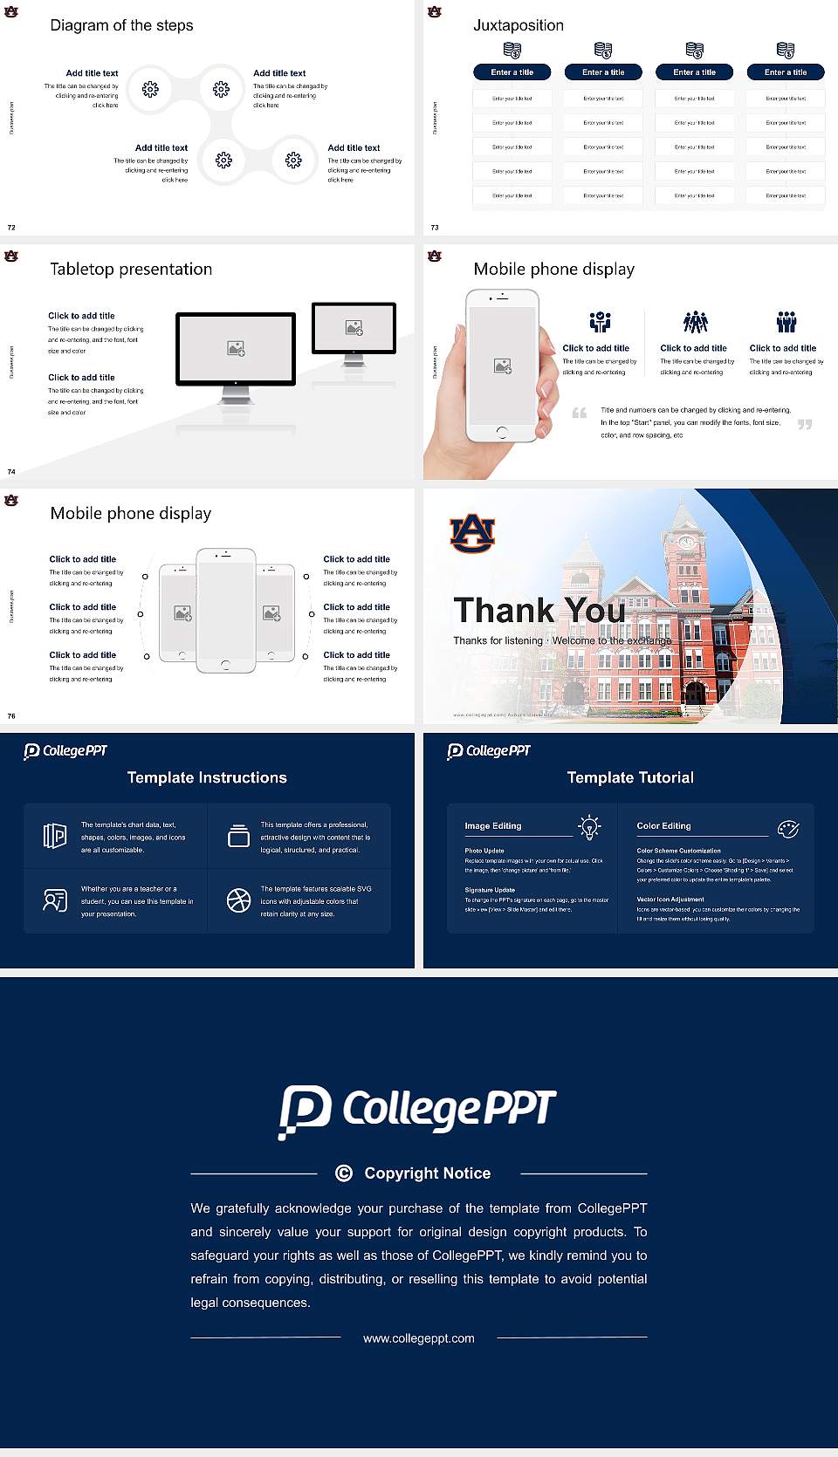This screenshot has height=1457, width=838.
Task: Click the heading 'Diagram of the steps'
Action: click(x=121, y=25)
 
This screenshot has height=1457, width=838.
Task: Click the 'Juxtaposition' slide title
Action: click(x=519, y=25)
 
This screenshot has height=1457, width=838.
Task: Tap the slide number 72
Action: click(x=11, y=228)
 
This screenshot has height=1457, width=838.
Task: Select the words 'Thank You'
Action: click(x=539, y=611)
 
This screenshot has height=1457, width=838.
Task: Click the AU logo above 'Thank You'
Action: click(x=472, y=533)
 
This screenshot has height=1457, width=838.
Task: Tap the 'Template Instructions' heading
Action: click(x=207, y=777)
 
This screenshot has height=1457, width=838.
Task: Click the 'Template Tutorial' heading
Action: click(x=630, y=777)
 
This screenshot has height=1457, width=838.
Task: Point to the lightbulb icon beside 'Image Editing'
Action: click(x=590, y=827)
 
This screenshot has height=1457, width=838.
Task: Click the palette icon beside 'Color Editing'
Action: click(x=788, y=828)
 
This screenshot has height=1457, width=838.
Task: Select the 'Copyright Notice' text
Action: click(x=428, y=1173)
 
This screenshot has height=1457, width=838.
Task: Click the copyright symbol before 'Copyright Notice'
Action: click(x=344, y=1173)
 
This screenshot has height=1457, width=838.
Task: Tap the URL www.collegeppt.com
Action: click(x=419, y=1338)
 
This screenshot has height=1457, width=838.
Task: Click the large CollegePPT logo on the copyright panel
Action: click(x=417, y=1111)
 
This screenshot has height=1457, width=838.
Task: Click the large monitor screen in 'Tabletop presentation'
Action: click(x=236, y=348)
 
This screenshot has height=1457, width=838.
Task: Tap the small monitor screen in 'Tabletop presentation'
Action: click(x=354, y=327)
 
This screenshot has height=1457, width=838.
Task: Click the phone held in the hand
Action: click(x=502, y=366)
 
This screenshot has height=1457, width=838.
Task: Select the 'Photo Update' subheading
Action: click(x=484, y=851)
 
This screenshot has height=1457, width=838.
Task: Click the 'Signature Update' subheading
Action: click(x=490, y=890)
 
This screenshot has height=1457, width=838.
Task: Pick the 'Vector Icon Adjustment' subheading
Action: click(x=670, y=899)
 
